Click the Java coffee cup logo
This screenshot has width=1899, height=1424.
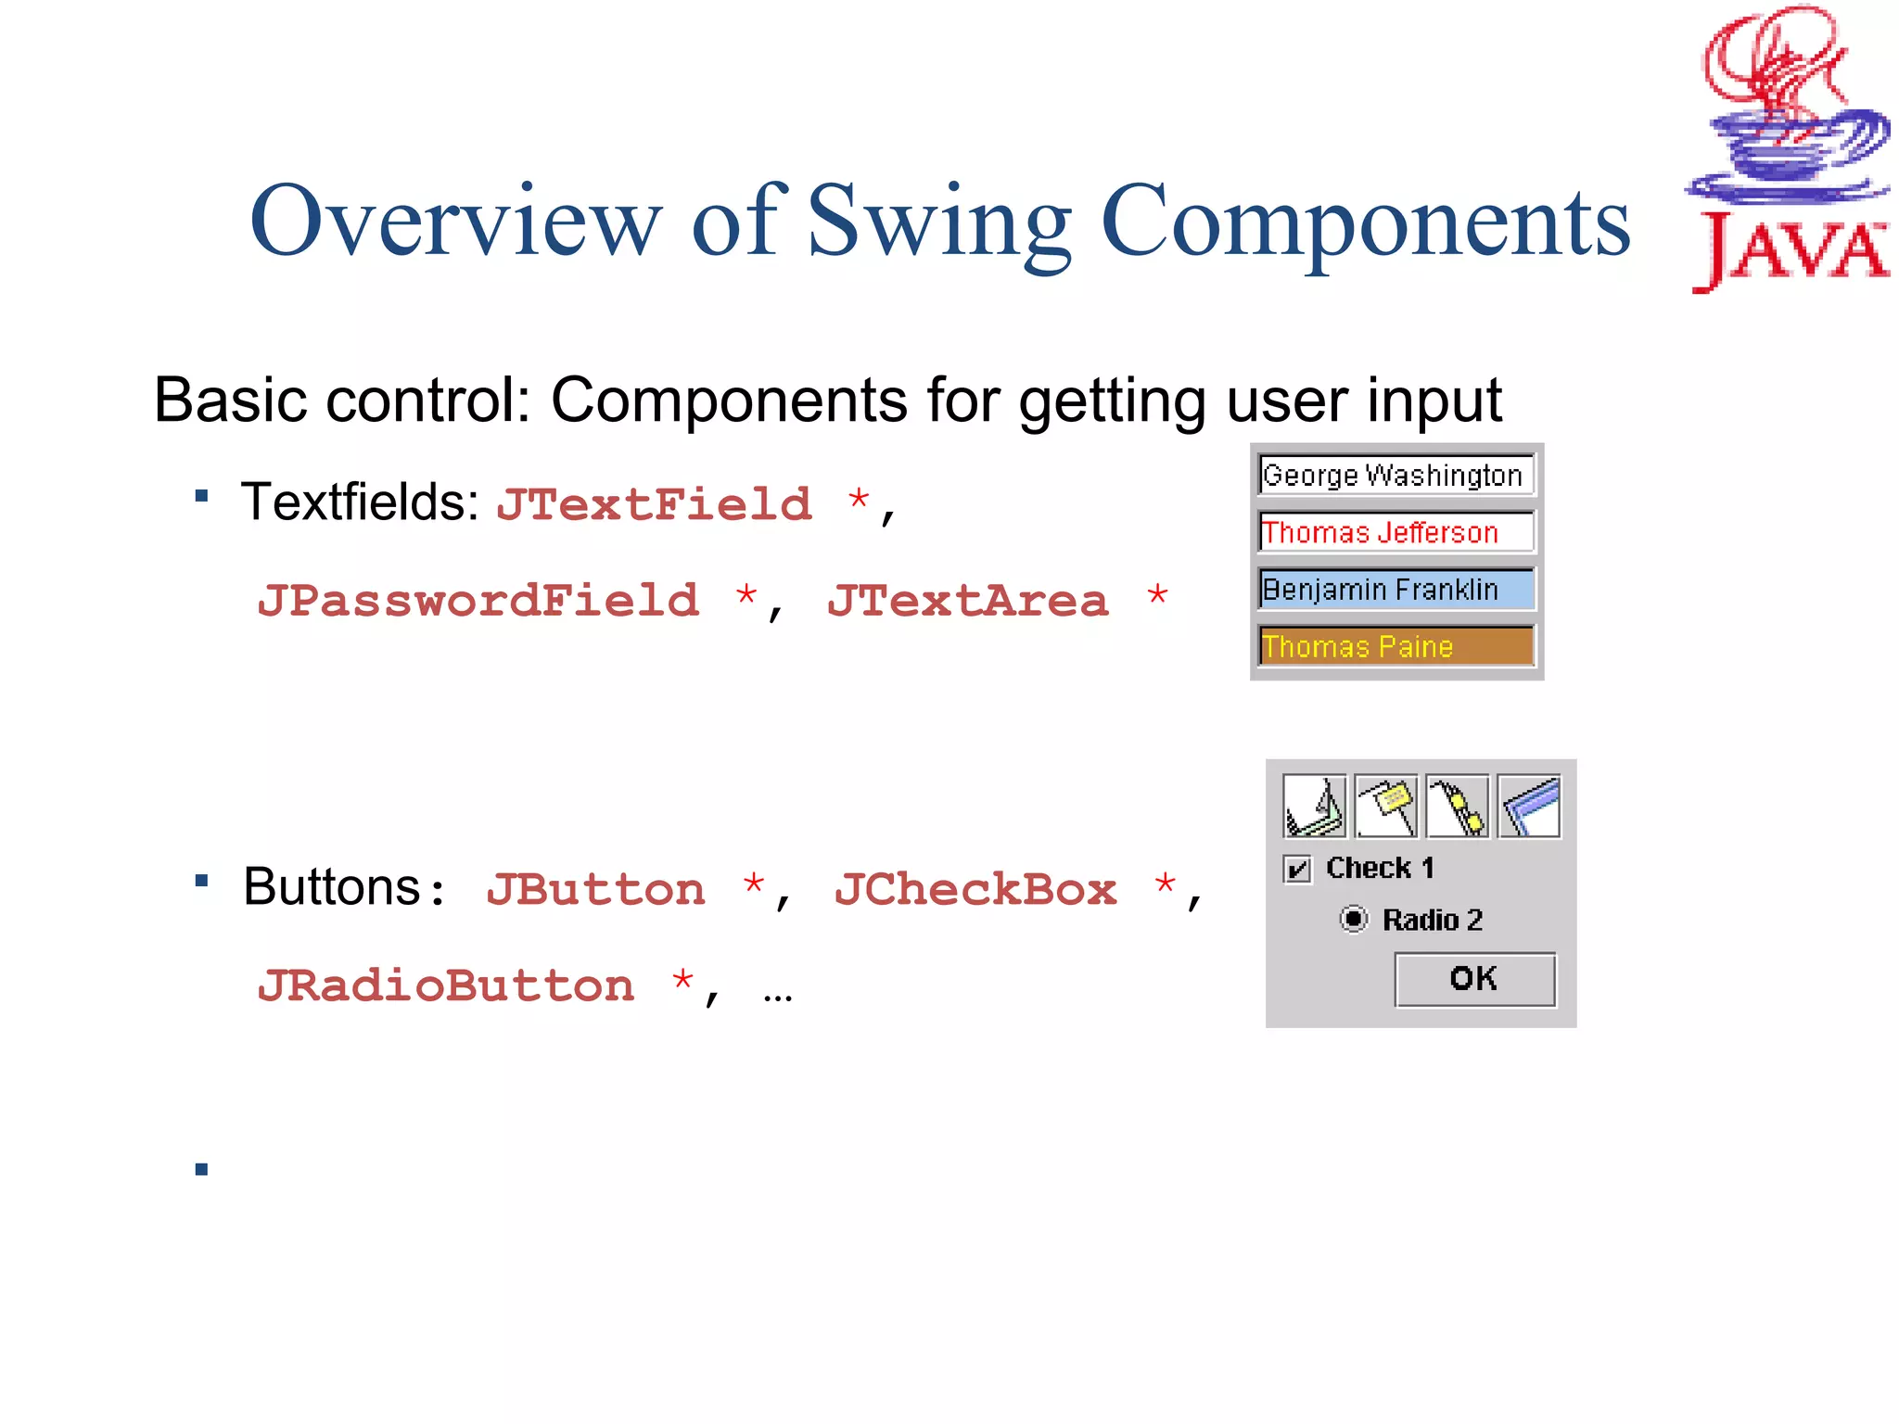(1788, 148)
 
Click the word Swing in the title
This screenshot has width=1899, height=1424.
(938, 222)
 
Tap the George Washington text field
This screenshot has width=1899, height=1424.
(1396, 476)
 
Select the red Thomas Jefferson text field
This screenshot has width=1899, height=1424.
(1396, 532)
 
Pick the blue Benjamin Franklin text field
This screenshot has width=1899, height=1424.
(1396, 590)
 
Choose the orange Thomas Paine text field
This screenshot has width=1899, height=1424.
(1396, 646)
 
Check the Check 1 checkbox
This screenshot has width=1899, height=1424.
(1297, 870)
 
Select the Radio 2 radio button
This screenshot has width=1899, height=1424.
(1354, 919)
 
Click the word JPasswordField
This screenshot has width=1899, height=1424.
(478, 601)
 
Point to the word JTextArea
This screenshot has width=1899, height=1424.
(967, 601)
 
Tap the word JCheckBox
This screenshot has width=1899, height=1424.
(975, 890)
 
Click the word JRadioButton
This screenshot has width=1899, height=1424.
(446, 985)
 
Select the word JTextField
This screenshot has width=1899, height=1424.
(654, 505)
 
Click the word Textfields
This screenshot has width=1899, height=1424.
(359, 503)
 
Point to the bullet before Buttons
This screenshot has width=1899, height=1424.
(201, 880)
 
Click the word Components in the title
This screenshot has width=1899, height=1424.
(1365, 222)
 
